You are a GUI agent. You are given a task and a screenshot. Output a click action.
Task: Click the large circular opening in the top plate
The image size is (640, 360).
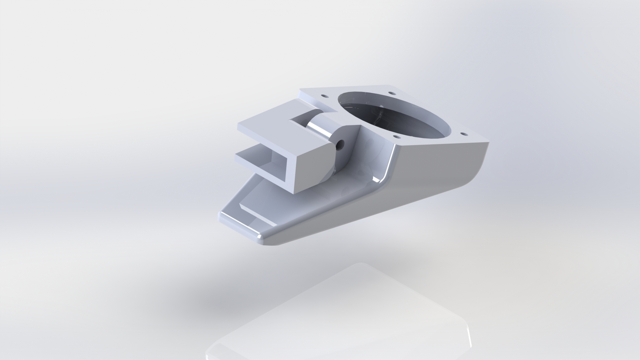[395, 115]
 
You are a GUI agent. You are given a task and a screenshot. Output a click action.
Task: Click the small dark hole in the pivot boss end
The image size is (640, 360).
[341, 144]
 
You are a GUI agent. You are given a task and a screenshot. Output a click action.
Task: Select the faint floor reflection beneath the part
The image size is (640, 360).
[333, 317]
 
